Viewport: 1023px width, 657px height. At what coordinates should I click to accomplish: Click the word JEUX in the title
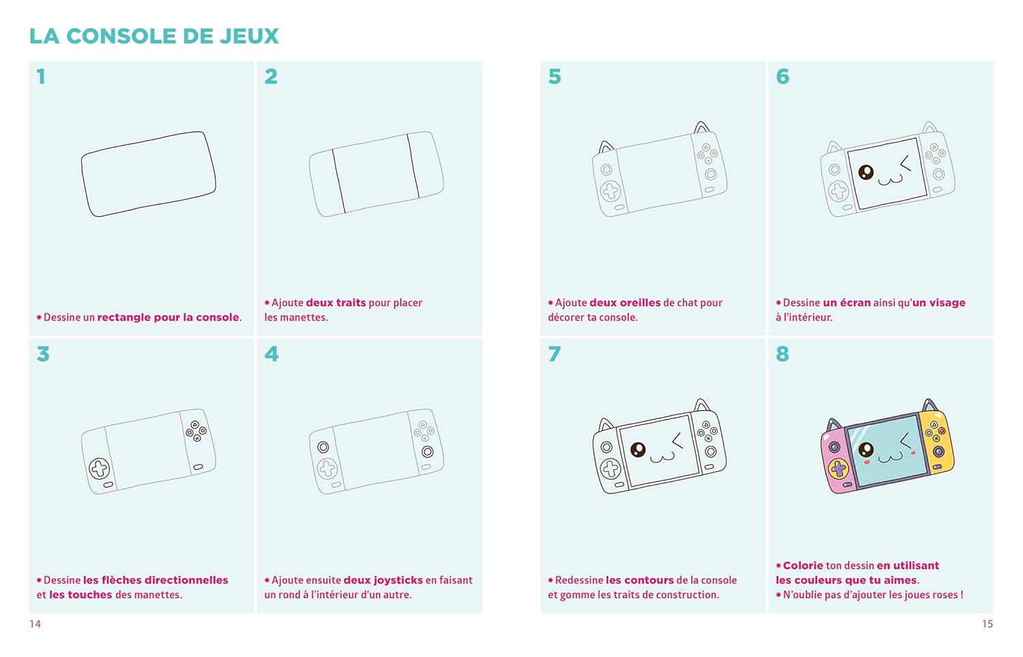250,37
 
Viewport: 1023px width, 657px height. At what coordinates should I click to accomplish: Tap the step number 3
43,354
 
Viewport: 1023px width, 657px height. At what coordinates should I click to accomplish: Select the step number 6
783,76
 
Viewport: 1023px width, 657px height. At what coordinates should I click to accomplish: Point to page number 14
35,624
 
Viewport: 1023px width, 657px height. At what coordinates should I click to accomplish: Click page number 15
988,624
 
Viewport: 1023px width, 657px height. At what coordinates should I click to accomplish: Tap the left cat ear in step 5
606,147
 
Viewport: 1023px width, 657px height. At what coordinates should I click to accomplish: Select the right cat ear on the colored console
930,405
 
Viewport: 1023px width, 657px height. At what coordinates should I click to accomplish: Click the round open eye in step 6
866,172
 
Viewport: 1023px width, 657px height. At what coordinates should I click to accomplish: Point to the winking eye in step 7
678,440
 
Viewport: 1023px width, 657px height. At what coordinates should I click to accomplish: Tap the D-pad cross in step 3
99,468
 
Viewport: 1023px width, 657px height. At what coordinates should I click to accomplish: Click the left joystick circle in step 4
323,446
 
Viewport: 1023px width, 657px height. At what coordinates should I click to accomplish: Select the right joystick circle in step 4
428,452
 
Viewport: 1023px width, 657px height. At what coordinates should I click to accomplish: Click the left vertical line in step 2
338,181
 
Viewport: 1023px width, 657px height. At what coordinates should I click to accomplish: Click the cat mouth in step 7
662,457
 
